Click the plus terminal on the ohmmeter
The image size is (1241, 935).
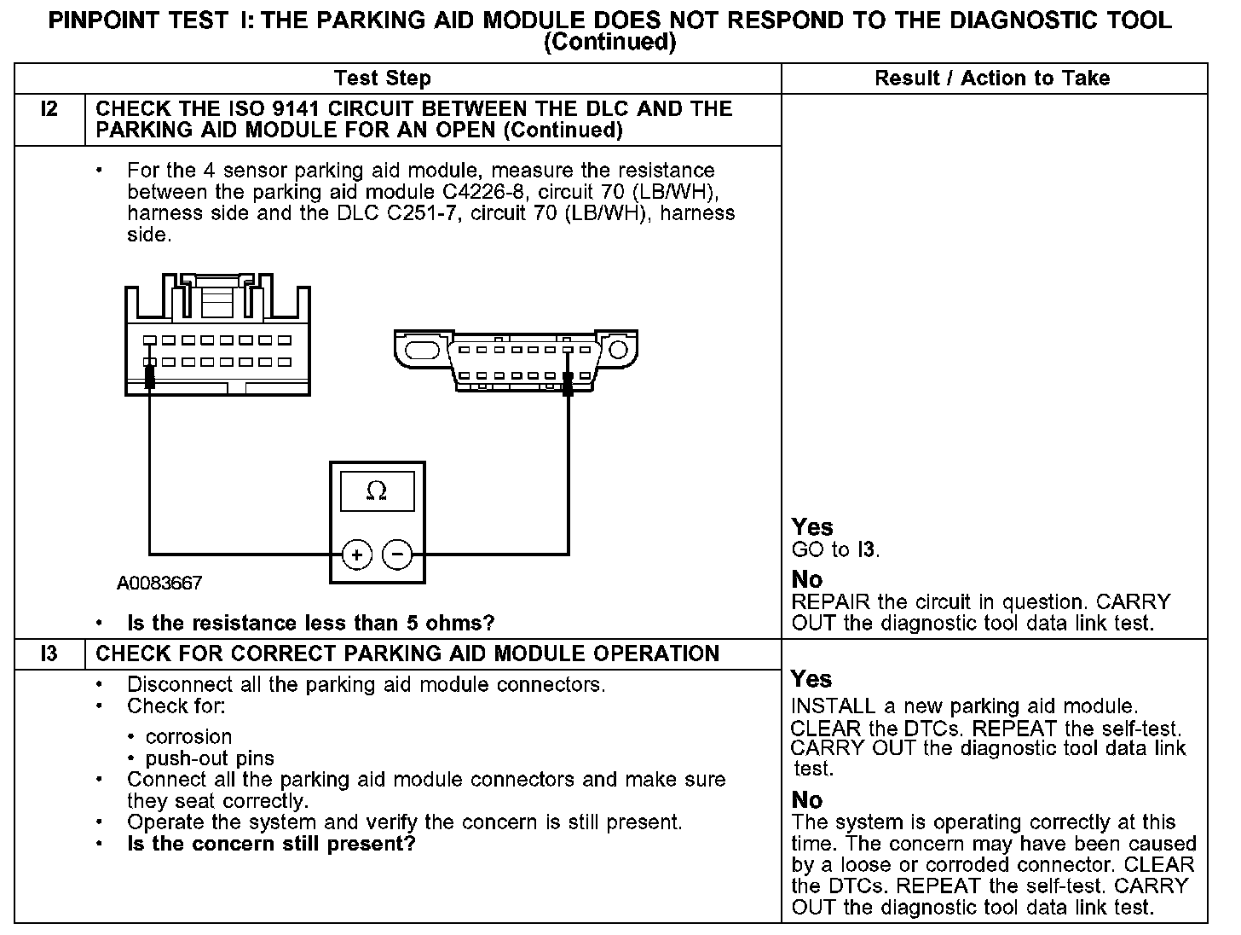coord(356,555)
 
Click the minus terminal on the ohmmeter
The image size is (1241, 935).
coord(397,555)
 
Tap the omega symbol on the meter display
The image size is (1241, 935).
coord(376,491)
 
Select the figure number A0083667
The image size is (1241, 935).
coord(159,584)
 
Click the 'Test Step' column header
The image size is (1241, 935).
coord(383,78)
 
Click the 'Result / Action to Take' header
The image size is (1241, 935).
coord(992,78)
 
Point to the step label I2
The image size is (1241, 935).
coord(49,109)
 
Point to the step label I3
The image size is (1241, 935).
coord(49,654)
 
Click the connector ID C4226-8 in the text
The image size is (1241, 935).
coord(481,192)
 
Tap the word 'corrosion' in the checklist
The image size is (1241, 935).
coord(188,737)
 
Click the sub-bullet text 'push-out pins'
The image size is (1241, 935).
coord(210,758)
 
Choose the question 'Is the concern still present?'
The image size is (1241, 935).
coord(271,845)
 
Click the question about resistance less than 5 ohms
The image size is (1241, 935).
coord(310,624)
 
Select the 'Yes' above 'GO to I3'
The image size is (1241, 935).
coord(811,527)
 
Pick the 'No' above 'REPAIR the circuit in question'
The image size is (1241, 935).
coord(806,580)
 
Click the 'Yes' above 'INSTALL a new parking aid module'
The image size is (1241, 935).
coord(811,680)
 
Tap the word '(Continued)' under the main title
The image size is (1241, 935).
coord(609,42)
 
